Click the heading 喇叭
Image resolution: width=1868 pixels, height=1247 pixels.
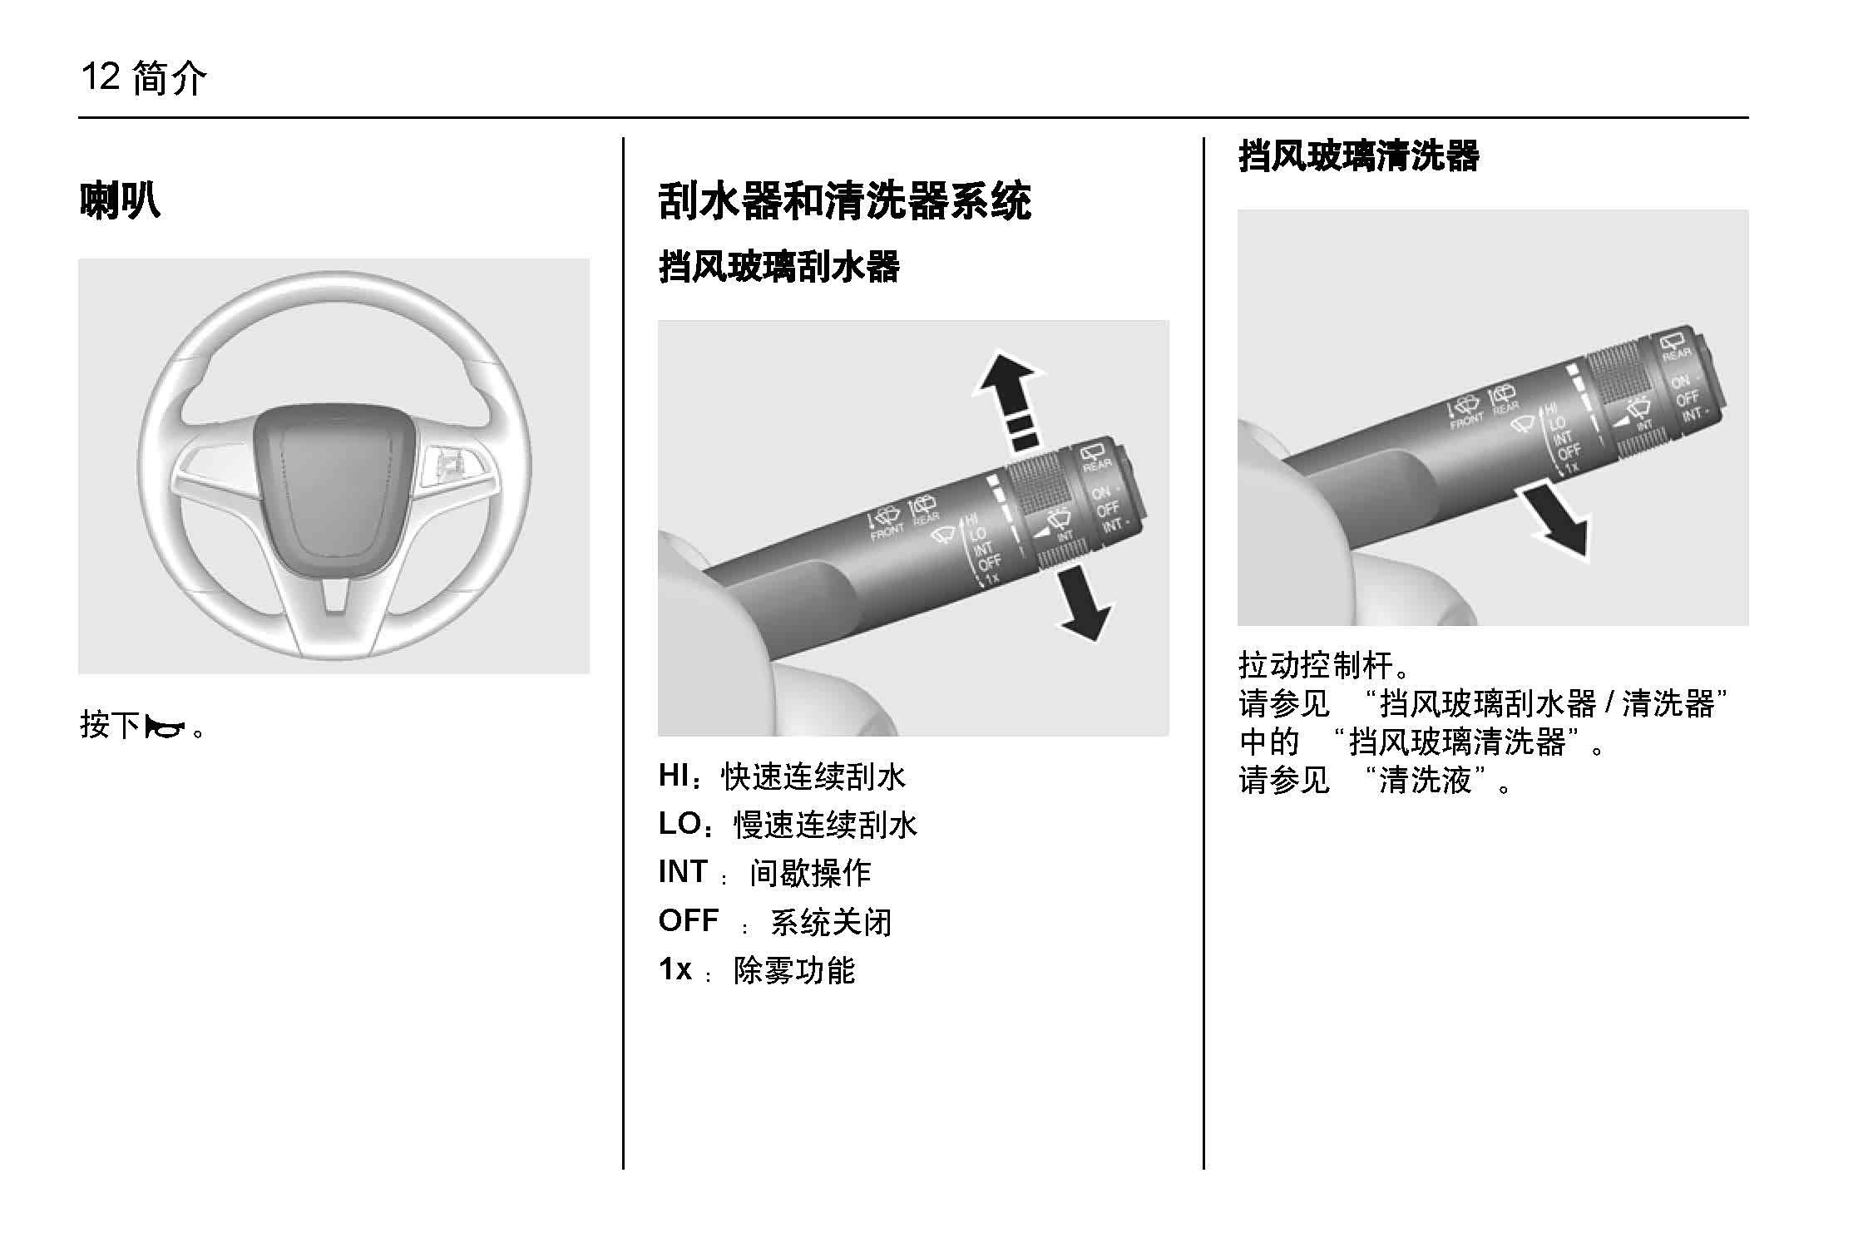point(120,200)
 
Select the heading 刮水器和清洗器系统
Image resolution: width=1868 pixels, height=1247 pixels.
point(844,200)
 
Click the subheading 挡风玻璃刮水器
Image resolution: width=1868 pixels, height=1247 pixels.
point(779,268)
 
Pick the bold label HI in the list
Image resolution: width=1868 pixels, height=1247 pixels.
point(675,775)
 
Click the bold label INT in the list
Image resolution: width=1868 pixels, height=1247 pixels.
point(683,871)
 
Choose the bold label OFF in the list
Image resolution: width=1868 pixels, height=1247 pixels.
point(689,920)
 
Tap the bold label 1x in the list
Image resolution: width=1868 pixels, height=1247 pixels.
point(675,969)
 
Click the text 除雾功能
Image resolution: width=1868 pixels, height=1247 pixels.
point(794,970)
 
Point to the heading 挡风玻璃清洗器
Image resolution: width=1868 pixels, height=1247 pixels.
point(1359,156)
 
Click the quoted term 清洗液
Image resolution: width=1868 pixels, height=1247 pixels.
point(1426,780)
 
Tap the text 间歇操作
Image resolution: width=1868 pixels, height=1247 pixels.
point(810,873)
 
